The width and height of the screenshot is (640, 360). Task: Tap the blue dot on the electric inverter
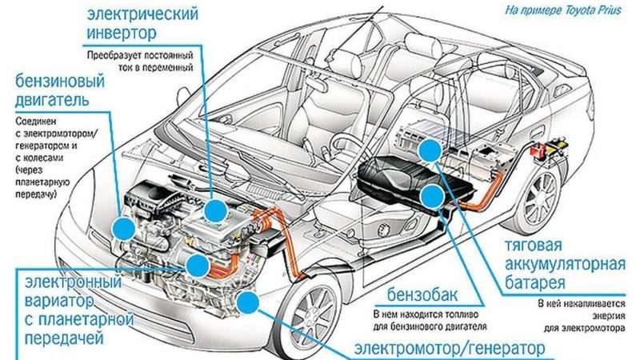point(214,210)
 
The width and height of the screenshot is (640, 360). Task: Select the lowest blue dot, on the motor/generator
point(248,302)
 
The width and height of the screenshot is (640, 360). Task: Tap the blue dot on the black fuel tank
point(433,195)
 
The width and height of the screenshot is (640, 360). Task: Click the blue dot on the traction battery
point(430,150)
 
